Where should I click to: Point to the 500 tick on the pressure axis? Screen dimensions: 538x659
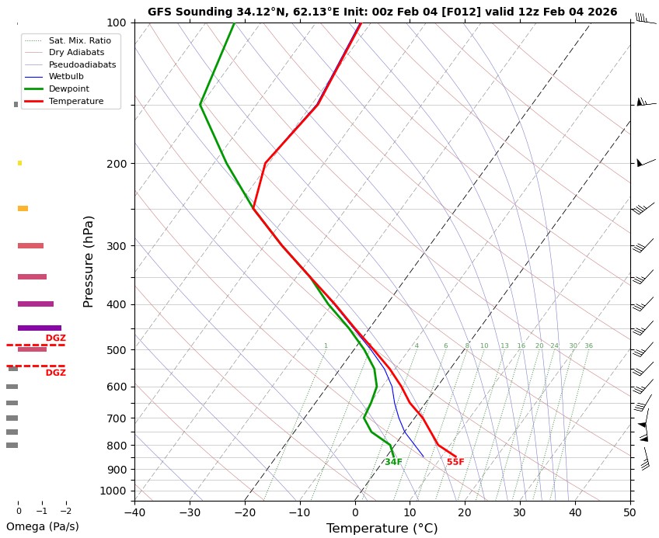tap(117, 350)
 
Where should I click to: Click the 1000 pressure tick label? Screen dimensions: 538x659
tap(113, 491)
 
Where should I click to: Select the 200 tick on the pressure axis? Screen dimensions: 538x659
tap(117, 164)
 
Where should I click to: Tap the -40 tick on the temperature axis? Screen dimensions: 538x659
tap(134, 512)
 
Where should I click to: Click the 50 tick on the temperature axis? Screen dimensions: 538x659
tap(630, 512)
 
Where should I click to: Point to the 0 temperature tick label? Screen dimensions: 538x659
tap(355, 512)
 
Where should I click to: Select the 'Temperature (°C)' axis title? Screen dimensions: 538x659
tap(382, 529)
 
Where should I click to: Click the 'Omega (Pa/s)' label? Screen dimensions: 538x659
tap(42, 526)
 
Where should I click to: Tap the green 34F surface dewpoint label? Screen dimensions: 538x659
tap(393, 463)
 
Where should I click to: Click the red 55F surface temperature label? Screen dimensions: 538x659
tap(455, 463)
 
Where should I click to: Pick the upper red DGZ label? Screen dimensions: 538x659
tap(55, 338)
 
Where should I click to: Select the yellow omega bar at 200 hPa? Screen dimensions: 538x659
tap(19, 163)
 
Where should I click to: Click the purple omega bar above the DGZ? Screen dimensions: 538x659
tap(39, 328)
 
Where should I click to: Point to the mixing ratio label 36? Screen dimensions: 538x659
tap(588, 346)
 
